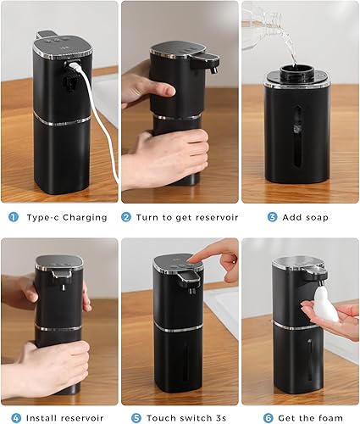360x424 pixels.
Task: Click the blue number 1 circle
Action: point(13,217)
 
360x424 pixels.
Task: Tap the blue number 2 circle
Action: point(126,217)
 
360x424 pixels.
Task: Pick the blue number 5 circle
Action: point(136,417)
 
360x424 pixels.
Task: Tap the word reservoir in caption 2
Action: point(212,218)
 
